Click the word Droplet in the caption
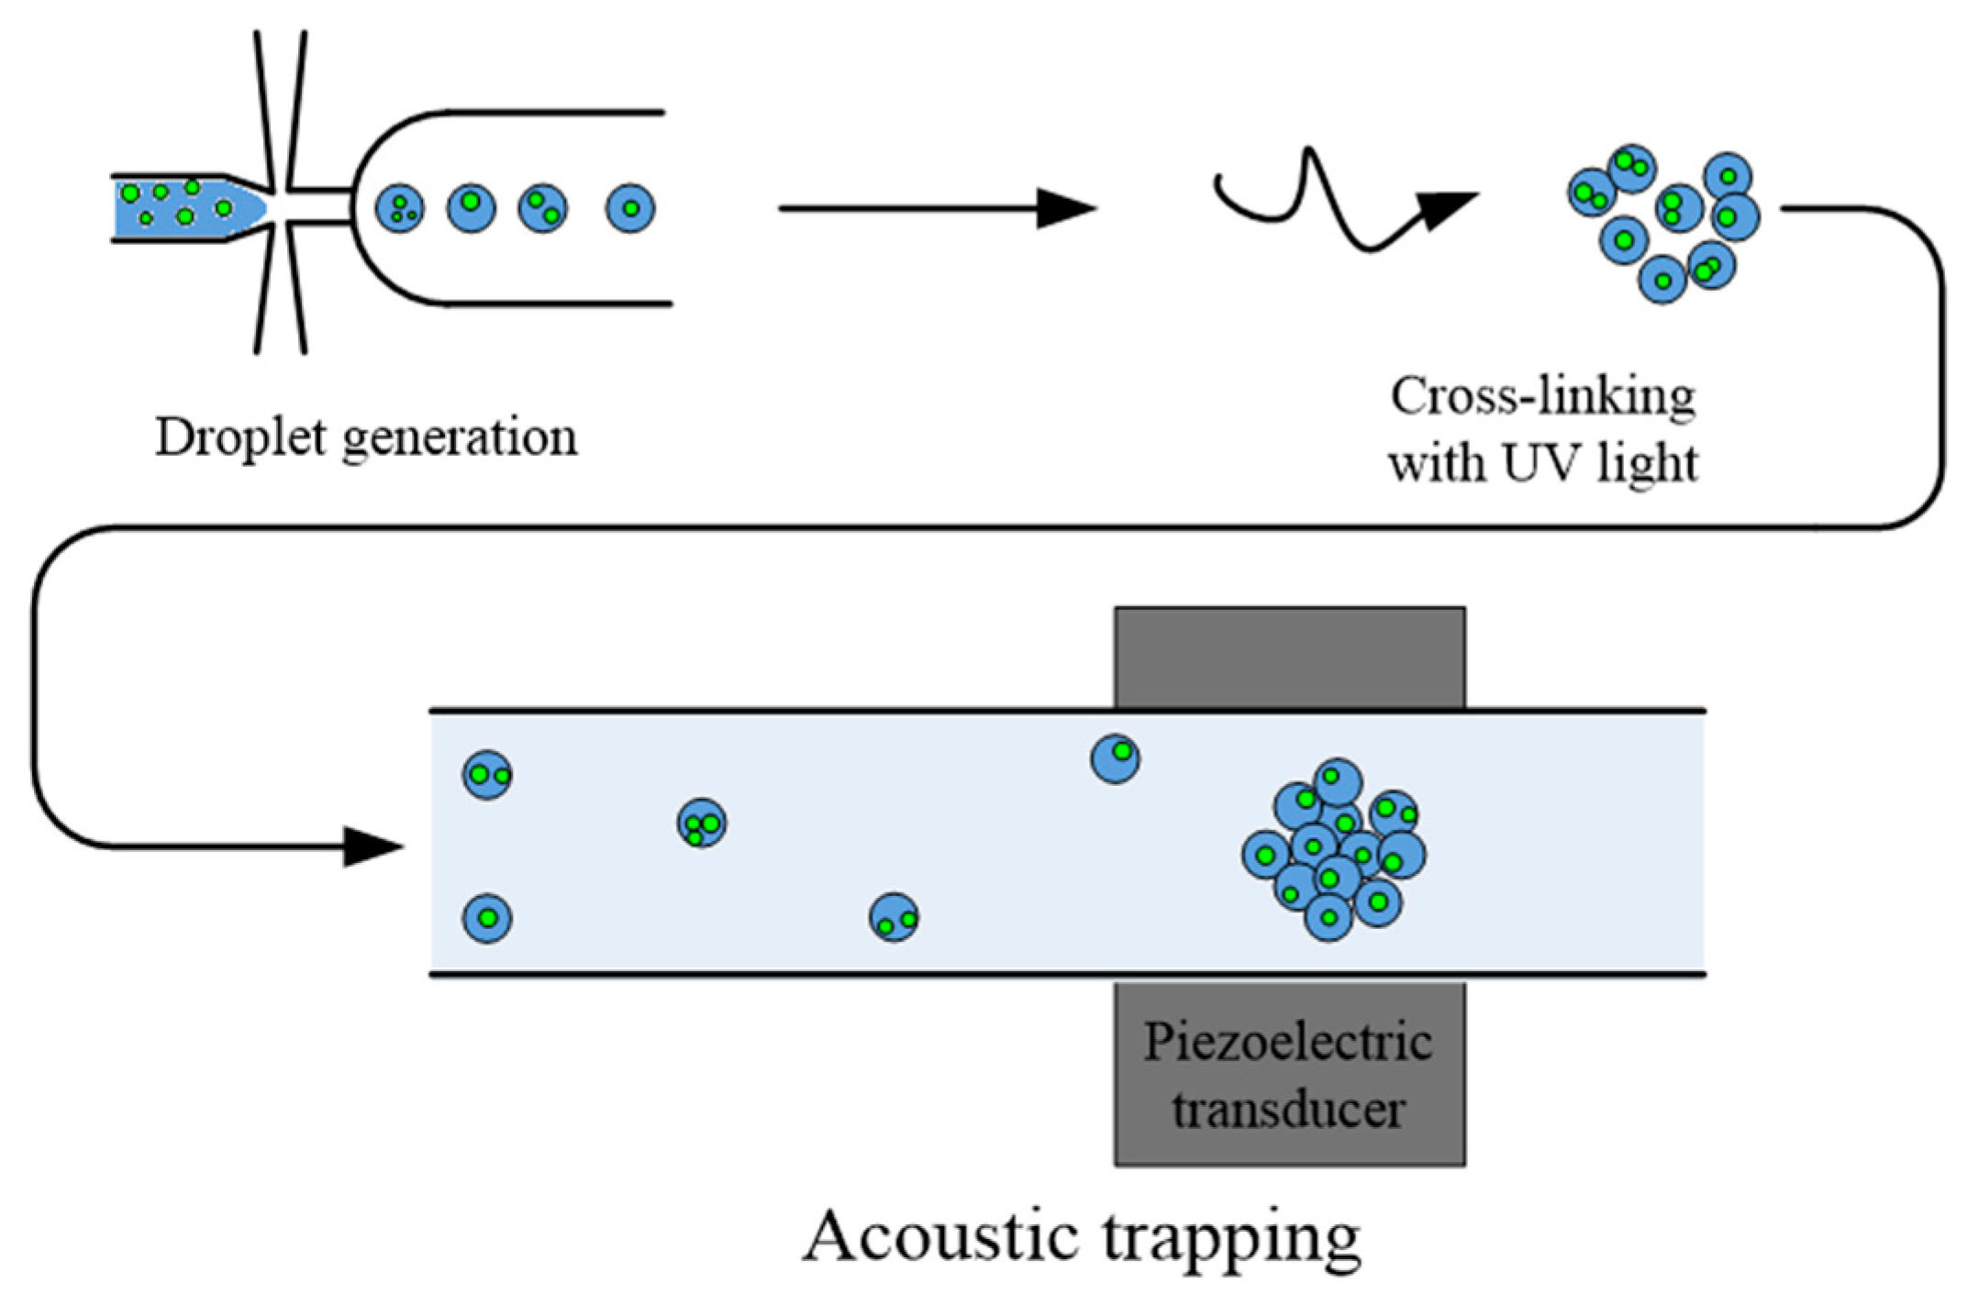tap(240, 437)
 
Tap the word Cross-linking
tap(1542, 397)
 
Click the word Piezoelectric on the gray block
tap(1287, 1043)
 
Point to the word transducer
tap(1287, 1109)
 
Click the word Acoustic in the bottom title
tap(940, 1236)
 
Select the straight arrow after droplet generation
tap(936, 208)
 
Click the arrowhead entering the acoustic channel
tap(372, 846)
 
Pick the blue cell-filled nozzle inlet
tap(188, 207)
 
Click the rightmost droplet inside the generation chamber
tap(630, 208)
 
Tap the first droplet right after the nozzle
tap(400, 208)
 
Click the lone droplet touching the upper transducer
tap(1115, 758)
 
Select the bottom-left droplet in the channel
tap(487, 918)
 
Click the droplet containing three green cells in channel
tap(702, 823)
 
